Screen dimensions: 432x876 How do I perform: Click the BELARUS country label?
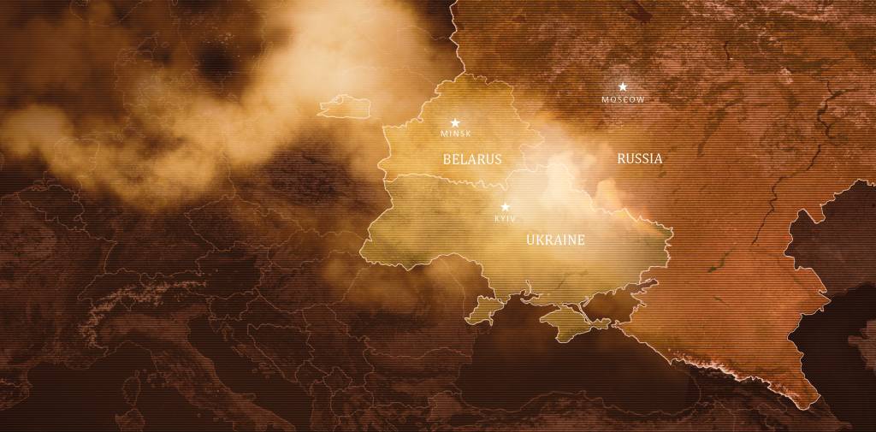(x=472, y=159)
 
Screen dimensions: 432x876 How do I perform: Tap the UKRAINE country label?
(x=555, y=240)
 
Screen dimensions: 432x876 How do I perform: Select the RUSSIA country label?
(x=639, y=158)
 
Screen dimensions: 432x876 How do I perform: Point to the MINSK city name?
(x=455, y=133)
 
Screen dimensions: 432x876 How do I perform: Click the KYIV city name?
(x=505, y=219)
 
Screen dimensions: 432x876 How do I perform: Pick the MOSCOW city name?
(x=623, y=99)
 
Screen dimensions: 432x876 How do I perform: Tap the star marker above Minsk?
(x=455, y=123)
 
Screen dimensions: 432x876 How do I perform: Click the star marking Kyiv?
(x=505, y=207)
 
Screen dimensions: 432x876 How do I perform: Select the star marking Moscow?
(x=623, y=86)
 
